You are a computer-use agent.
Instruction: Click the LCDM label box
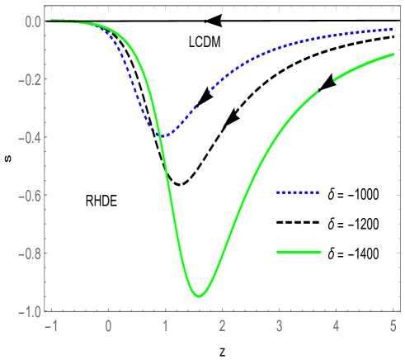[205, 42]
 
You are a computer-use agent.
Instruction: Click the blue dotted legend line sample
[298, 192]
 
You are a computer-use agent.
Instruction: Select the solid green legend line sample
[299, 251]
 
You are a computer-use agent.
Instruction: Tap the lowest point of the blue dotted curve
[164, 135]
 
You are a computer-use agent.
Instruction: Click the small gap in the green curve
[325, 87]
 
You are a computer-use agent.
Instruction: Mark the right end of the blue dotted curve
[391, 29]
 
